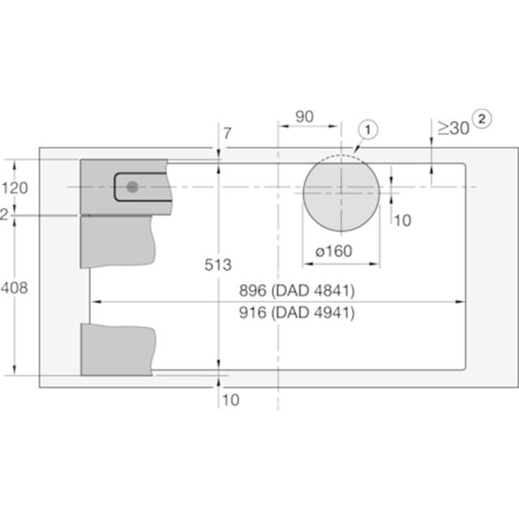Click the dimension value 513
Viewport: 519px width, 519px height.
218,265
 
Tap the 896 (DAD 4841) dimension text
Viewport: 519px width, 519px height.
297,290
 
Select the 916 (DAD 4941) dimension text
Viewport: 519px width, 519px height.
297,312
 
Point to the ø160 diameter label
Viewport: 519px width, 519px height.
333,251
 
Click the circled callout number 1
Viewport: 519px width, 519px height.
367,130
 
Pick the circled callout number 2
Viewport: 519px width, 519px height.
482,119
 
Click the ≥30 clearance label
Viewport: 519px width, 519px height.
453,128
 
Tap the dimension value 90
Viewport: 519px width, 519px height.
304,117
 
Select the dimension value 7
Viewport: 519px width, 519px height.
227,133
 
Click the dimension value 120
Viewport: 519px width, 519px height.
15,188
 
